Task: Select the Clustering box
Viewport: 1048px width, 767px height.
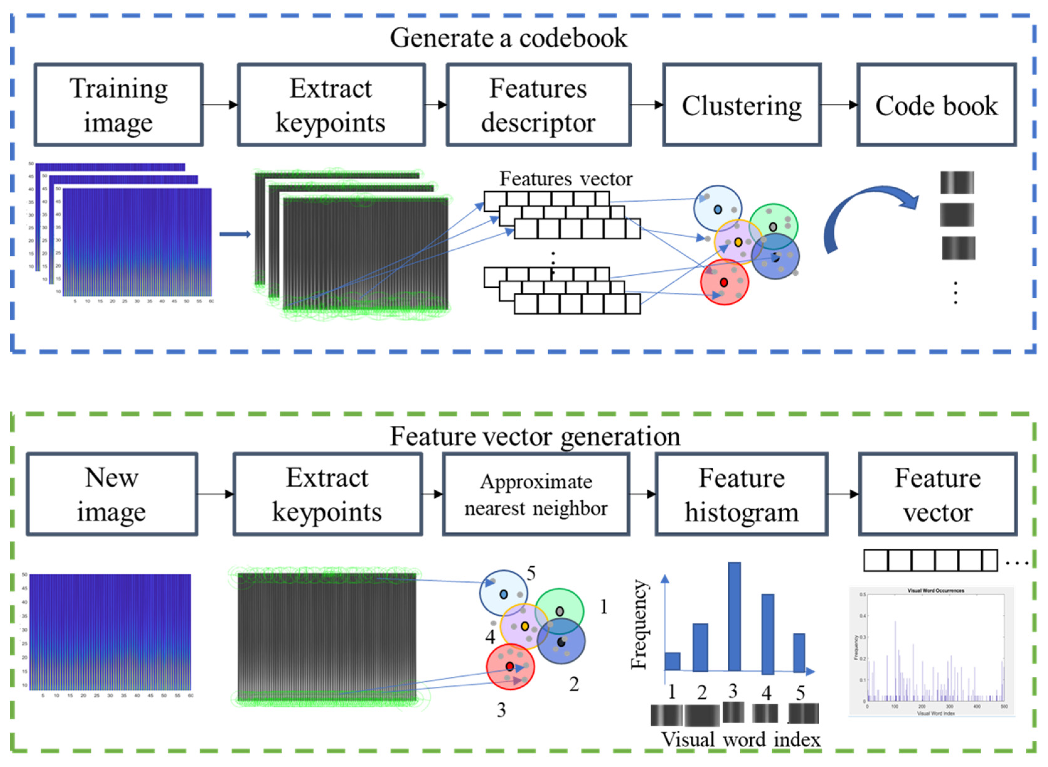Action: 741,105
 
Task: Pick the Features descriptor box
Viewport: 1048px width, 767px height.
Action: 538,105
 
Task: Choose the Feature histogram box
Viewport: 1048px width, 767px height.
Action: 741,494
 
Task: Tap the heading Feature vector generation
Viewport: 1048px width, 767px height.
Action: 535,436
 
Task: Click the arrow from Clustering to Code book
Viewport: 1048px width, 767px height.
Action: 838,105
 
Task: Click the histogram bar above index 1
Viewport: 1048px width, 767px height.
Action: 672,661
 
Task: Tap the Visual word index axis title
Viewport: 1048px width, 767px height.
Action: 741,740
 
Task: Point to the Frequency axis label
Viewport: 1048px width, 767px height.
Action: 639,625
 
